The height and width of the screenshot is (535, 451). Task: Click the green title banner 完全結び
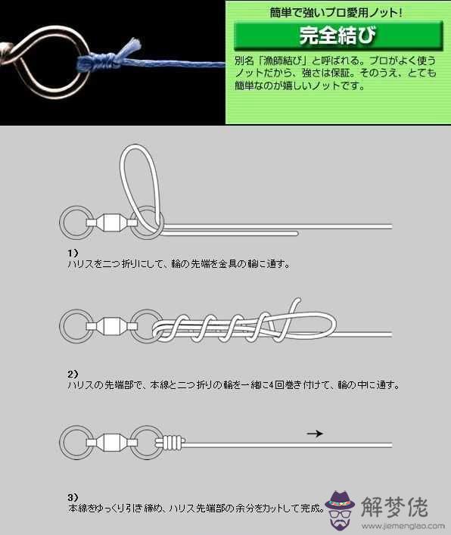[x=338, y=35]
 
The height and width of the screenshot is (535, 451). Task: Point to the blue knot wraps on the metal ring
[x=99, y=63]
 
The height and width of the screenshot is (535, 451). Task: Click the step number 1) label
[x=73, y=253]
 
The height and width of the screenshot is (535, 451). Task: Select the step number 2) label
[x=73, y=375]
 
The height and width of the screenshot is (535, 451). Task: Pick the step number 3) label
[x=73, y=497]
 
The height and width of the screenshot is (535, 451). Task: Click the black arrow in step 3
[x=315, y=434]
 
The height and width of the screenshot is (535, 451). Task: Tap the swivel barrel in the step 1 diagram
[x=111, y=222]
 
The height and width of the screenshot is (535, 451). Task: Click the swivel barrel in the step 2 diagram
[x=111, y=326]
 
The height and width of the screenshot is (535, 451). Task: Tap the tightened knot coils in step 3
[x=172, y=443]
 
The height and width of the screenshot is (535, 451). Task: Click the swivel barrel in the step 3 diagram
[x=111, y=443]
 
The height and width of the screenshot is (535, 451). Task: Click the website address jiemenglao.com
[x=403, y=526]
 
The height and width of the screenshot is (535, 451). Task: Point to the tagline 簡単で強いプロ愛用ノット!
[x=336, y=13]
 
